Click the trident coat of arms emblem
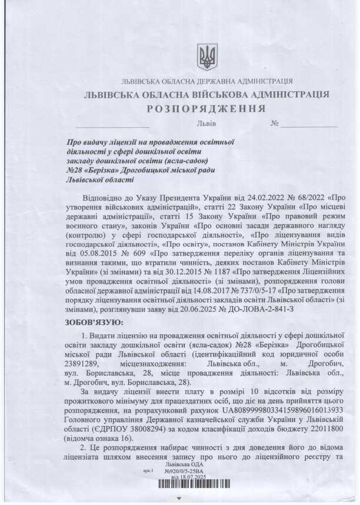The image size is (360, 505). pyautogui.click(x=207, y=57)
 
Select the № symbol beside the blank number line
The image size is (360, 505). pyautogui.click(x=274, y=124)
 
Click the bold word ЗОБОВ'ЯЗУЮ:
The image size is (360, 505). pyautogui.click(x=95, y=322)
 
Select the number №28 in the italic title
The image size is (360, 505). pyautogui.click(x=78, y=171)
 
